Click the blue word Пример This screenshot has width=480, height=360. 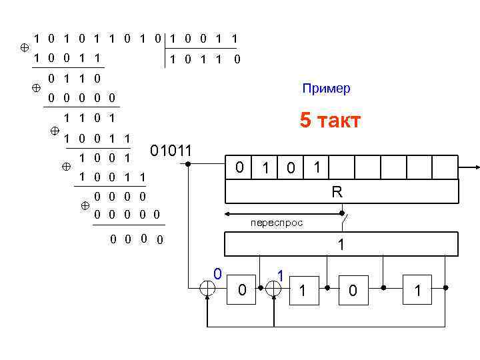tap(326, 89)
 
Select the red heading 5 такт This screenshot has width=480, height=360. tap(330, 121)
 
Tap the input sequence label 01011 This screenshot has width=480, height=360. tap(172, 150)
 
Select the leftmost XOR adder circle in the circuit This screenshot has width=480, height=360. tap(209, 288)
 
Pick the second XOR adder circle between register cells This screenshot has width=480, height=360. tap(273, 288)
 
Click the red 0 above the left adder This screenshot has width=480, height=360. tap(217, 273)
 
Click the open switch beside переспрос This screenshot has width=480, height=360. tap(344, 217)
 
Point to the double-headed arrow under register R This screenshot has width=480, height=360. tap(283, 214)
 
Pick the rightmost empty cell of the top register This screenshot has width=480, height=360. tap(446, 168)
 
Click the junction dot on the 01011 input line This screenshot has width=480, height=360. tap(188, 163)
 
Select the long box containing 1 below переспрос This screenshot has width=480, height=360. tap(341, 245)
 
